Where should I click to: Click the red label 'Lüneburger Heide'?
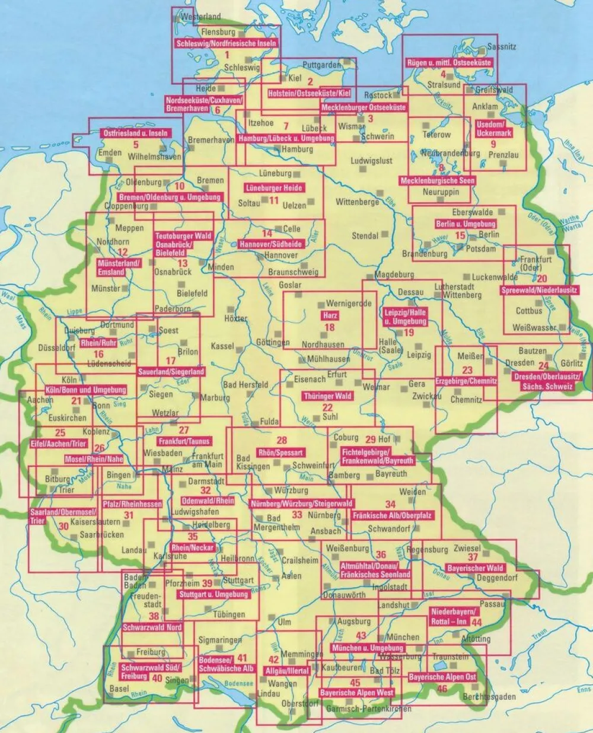[274, 188]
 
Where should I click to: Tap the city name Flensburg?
[218, 33]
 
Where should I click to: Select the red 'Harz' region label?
[329, 315]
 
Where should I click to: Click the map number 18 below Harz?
[330, 327]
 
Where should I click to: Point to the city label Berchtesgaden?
[489, 697]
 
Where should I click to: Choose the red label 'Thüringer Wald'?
[327, 396]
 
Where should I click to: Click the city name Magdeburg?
[394, 275]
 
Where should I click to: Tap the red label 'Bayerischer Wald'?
[476, 568]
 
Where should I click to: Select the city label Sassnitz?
[502, 46]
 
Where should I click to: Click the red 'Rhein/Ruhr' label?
[98, 343]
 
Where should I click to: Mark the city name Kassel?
[222, 346]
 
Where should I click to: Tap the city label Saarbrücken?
[102, 534]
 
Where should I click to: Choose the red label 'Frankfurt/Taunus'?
[184, 442]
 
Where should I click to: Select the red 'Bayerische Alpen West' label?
[357, 692]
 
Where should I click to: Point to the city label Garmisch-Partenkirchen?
[368, 709]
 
